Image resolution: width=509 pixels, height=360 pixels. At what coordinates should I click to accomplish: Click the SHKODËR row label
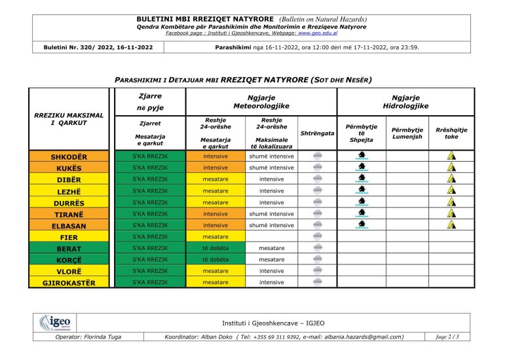(69, 157)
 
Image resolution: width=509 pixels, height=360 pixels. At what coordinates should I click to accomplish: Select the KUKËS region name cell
(69, 168)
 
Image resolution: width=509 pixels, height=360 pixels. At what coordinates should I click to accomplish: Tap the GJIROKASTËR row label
(69, 283)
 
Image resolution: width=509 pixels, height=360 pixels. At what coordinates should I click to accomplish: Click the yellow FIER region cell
(69, 237)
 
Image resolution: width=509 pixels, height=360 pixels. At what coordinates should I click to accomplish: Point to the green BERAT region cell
(69, 249)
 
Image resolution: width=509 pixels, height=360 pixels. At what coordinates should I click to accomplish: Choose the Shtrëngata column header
(317, 134)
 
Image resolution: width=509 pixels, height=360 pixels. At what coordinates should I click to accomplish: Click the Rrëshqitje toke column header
(451, 134)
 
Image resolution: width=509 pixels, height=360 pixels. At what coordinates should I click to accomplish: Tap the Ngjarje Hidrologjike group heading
(405, 101)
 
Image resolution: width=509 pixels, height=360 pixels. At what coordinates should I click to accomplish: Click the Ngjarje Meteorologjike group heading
(261, 101)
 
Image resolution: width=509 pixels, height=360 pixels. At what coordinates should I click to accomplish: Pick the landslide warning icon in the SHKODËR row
(451, 156)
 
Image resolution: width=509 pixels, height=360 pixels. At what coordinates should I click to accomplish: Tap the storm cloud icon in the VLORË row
(317, 271)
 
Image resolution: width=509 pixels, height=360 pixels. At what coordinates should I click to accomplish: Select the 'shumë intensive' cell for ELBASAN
(272, 225)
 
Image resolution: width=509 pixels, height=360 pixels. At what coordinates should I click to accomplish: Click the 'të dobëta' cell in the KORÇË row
(216, 260)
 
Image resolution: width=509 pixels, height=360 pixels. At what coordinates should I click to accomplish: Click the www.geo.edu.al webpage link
(318, 32)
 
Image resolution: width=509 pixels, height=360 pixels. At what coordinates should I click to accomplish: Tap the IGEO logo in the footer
(55, 323)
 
